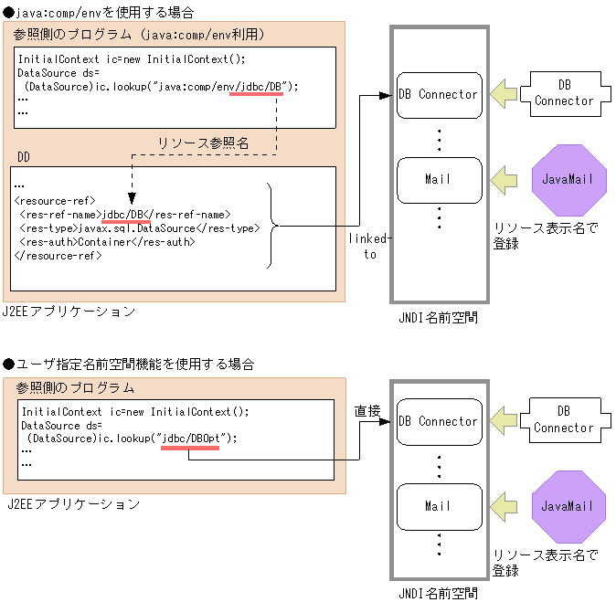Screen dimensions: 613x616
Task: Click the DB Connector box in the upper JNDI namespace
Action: (x=438, y=94)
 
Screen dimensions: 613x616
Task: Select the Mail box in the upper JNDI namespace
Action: (x=438, y=179)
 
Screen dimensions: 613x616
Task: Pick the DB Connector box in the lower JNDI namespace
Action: (x=438, y=421)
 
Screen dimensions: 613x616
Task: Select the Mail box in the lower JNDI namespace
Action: (x=438, y=506)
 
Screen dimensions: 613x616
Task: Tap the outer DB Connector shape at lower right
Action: (x=564, y=420)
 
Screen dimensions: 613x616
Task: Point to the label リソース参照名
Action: (x=204, y=143)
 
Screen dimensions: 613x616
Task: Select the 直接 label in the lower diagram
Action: (x=366, y=413)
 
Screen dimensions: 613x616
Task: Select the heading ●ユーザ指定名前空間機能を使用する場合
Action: (x=129, y=364)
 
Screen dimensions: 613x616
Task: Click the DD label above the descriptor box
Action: (x=25, y=158)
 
